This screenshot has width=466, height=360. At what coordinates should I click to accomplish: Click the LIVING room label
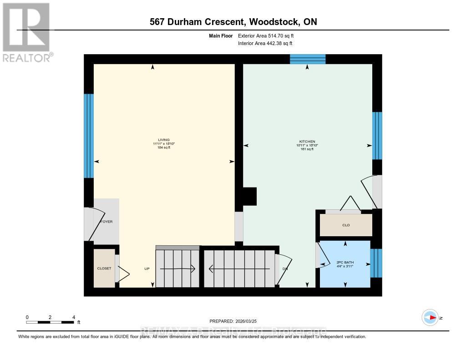164,140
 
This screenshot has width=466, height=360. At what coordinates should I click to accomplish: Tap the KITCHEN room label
307,142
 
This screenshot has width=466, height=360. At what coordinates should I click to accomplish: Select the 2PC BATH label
345,263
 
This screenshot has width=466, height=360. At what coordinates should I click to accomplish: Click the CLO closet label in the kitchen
346,225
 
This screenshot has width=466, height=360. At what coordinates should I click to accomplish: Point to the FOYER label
106,222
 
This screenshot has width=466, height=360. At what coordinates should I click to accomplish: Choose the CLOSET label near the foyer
104,269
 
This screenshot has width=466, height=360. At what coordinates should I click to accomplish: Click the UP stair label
147,269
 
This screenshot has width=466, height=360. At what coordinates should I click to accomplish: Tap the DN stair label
285,269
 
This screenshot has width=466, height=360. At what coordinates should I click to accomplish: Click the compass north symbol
430,317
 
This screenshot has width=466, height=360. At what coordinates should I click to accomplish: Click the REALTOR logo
26,32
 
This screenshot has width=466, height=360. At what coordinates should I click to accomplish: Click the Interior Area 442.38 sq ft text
265,43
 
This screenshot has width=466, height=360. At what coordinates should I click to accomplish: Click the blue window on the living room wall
89,136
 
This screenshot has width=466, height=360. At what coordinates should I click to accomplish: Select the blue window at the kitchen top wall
308,59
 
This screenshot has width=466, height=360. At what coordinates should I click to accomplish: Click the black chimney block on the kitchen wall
250,196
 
